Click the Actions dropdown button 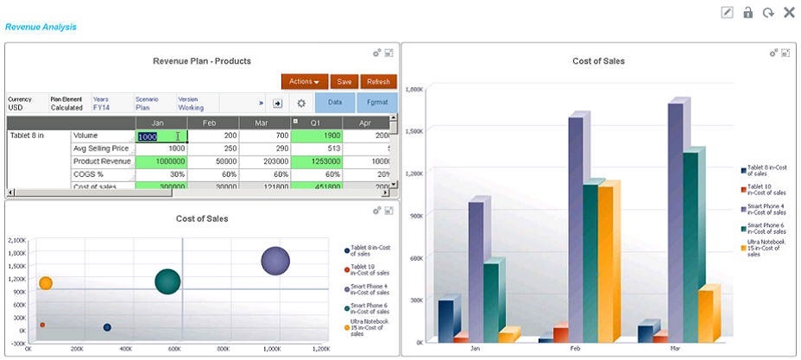pos(304,81)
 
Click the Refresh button pos(378,81)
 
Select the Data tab pos(336,103)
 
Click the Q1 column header pos(317,123)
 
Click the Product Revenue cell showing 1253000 pos(317,161)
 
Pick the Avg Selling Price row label pos(101,148)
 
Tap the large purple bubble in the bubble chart pos(275,260)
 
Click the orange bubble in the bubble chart pos(46,283)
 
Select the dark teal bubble pos(167,281)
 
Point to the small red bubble pos(42,325)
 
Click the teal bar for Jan pos(490,302)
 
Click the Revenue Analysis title pos(41,27)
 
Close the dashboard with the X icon pos(789,12)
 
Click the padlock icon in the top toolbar pos(748,12)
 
